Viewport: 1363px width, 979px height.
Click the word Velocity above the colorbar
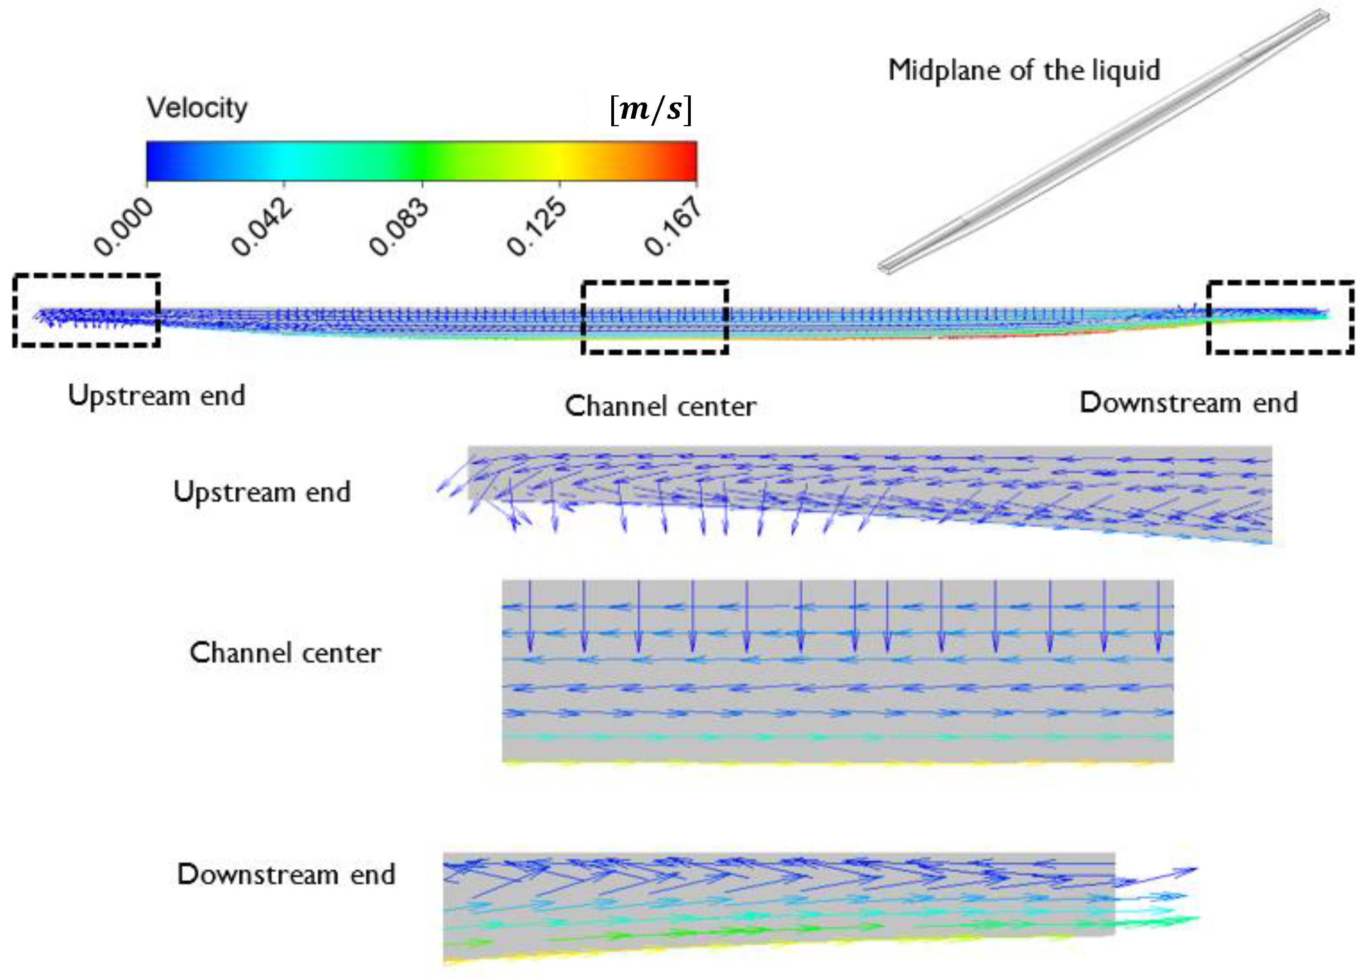pyautogui.click(x=197, y=108)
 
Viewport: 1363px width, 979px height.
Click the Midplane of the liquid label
pyautogui.click(x=1024, y=70)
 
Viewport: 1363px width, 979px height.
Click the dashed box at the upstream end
pyautogui.click(x=87, y=310)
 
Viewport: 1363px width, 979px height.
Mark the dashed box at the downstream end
pyautogui.click(x=1280, y=317)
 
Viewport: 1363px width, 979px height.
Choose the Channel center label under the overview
pyautogui.click(x=660, y=406)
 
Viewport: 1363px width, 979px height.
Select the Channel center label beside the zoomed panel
pyautogui.click(x=286, y=653)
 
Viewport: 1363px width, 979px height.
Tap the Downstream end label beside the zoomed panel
pyautogui.click(x=286, y=875)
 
